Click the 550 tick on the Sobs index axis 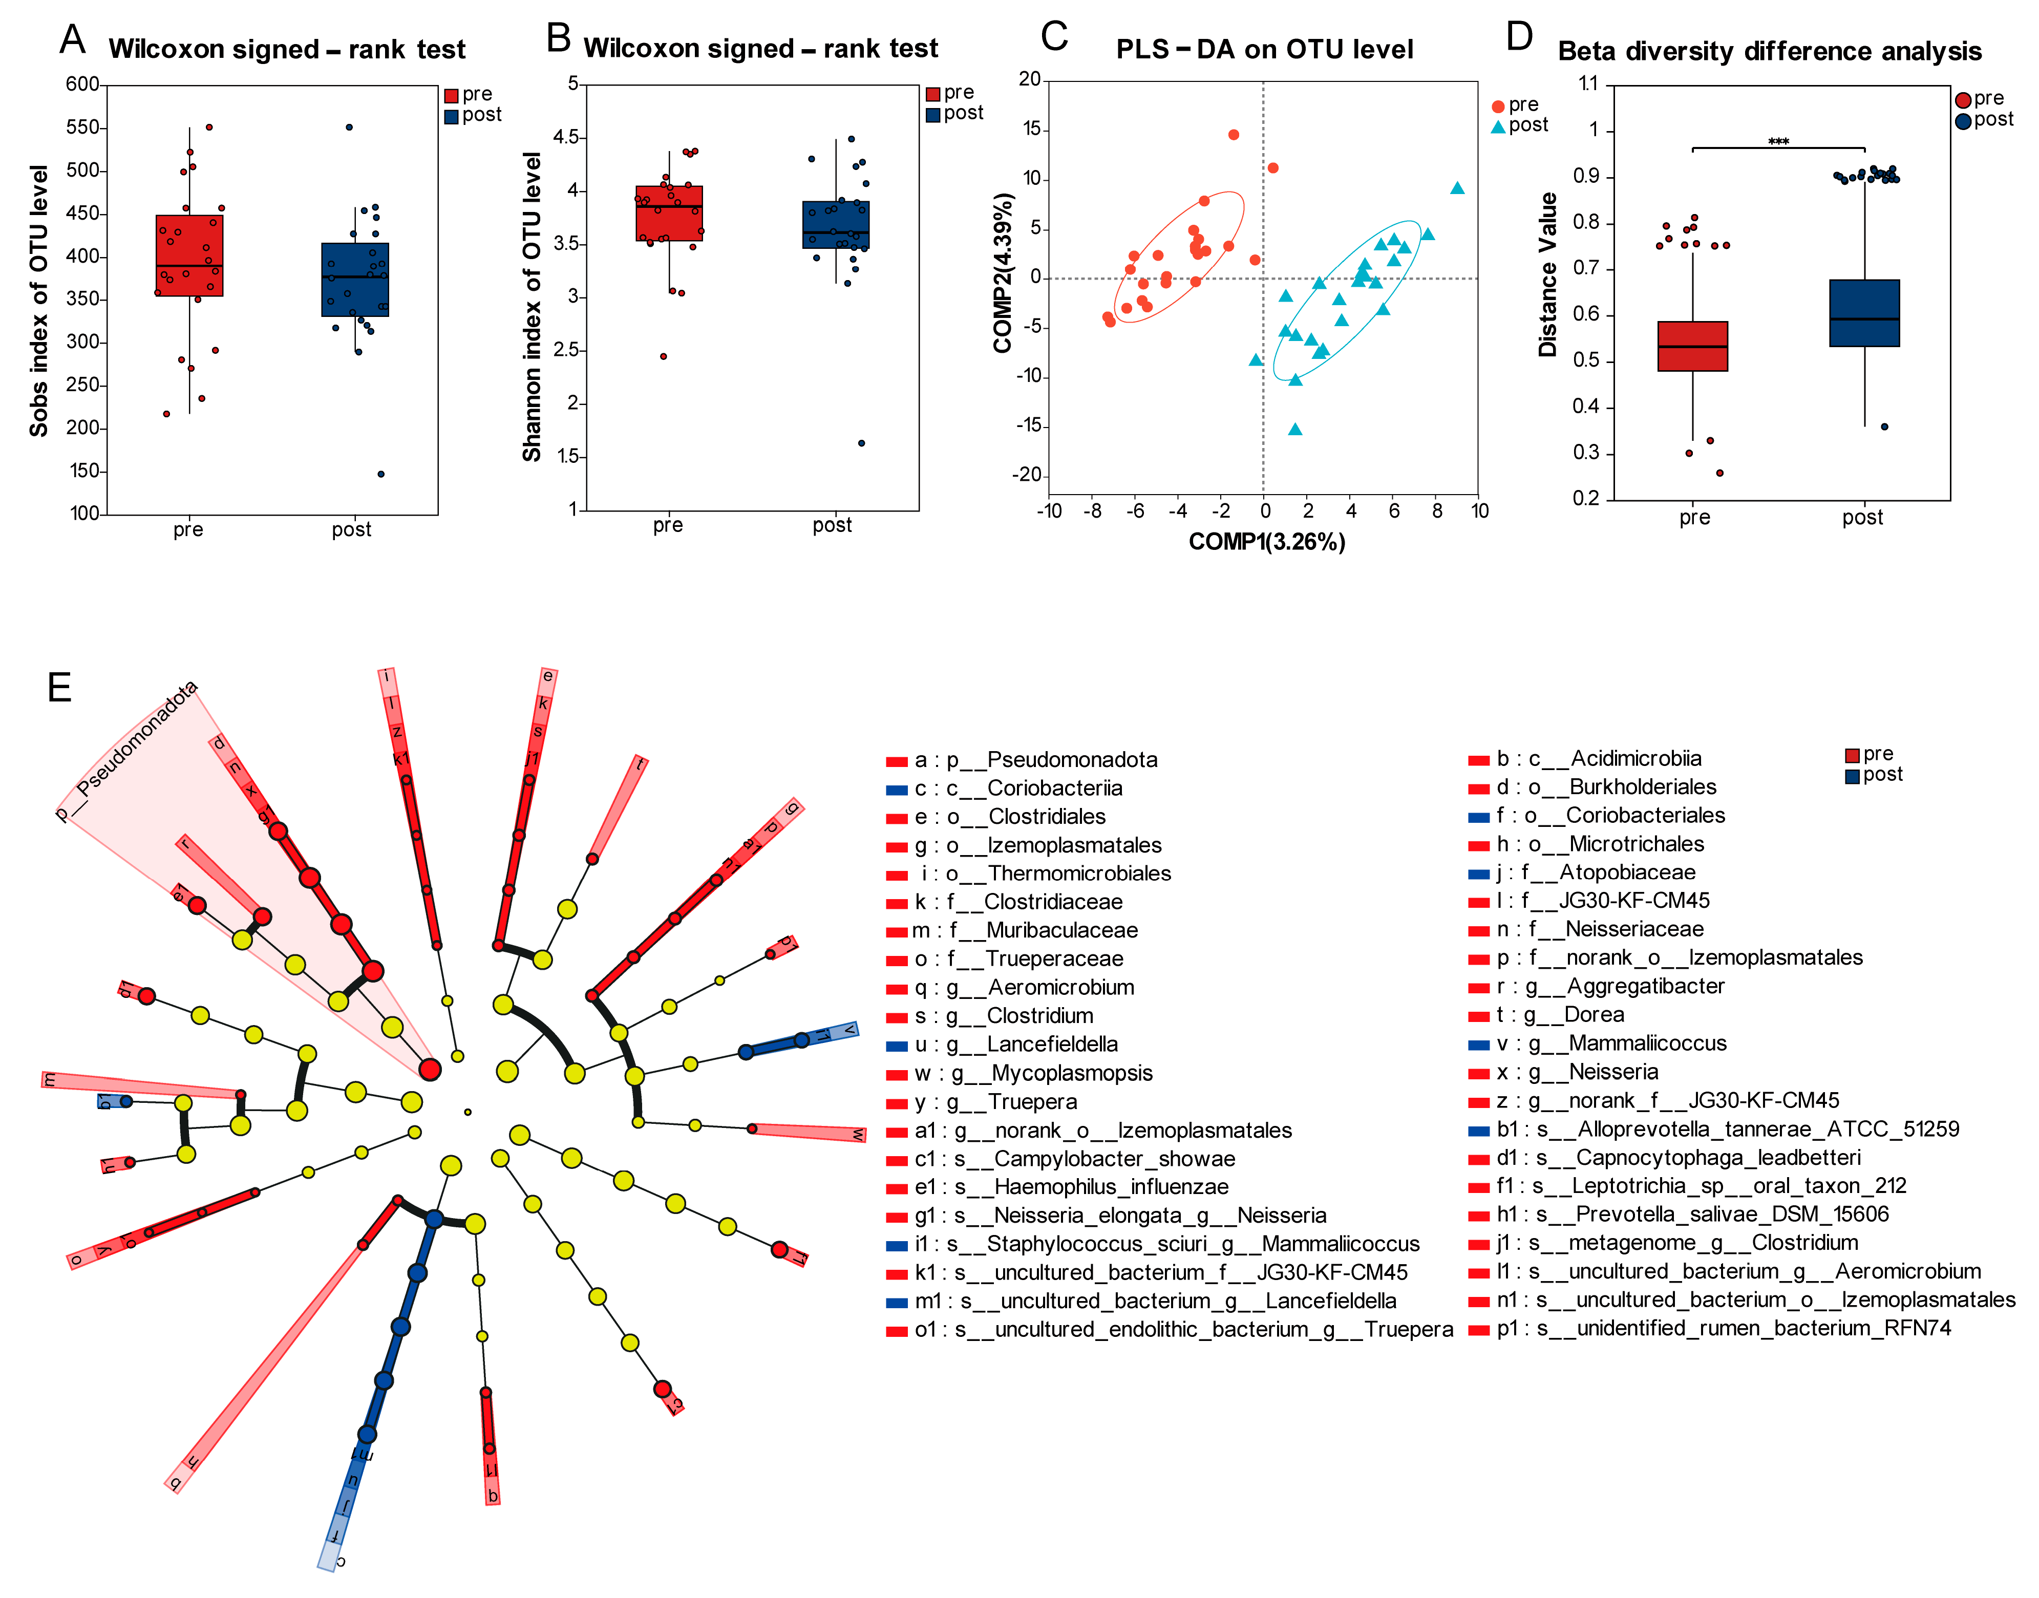[82, 127]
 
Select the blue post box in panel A [355, 280]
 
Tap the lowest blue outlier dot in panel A [381, 474]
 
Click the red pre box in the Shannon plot [669, 214]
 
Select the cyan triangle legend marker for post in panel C [1498, 126]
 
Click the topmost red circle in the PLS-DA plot [1234, 135]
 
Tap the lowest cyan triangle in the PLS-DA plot [1295, 430]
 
